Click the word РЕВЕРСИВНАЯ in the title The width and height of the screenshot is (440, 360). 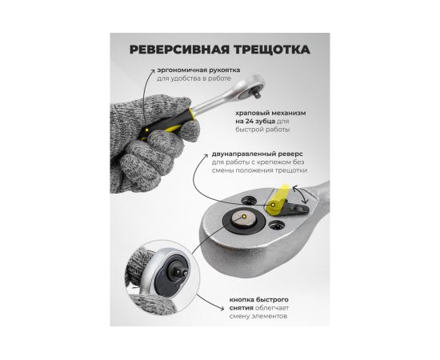178,50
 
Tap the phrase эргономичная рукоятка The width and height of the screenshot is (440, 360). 198,70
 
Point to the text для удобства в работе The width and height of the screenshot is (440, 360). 194,78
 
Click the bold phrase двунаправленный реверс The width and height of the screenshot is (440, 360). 258,154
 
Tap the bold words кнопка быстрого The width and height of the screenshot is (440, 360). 258,300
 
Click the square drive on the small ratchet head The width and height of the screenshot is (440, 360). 256,94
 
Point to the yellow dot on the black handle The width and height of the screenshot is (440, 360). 146,130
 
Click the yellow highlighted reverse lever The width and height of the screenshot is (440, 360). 278,200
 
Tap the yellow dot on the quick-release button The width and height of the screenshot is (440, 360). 244,216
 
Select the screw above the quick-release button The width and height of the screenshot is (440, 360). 249,200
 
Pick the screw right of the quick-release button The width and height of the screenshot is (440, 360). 277,225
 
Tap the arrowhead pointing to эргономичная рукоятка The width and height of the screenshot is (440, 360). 152,70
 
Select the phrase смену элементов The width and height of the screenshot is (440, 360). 258,317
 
